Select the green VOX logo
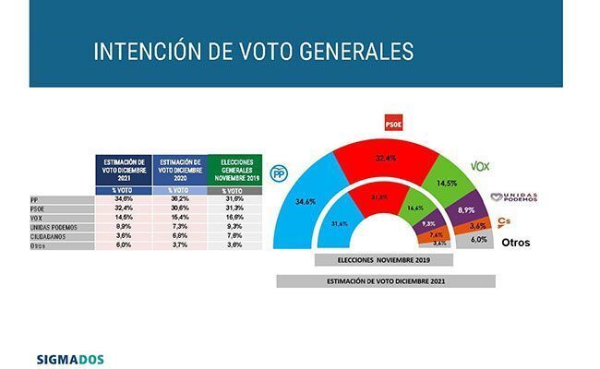coord(480,166)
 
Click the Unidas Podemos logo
coord(514,196)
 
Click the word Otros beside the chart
coord(515,243)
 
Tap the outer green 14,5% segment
coord(450,180)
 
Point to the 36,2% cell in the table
coord(177,199)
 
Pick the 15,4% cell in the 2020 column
coord(177,218)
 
